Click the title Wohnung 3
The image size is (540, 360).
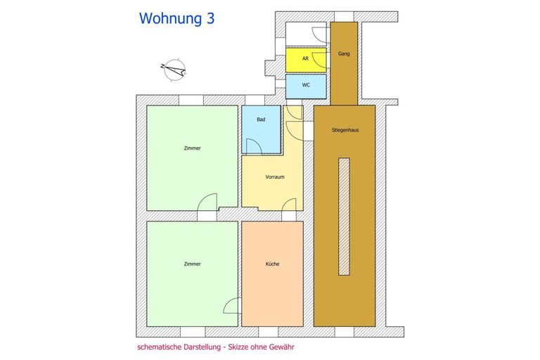(x=176, y=19)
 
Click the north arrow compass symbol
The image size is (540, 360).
(x=174, y=68)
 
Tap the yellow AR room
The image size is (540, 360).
(x=306, y=59)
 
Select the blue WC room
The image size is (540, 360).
(x=306, y=85)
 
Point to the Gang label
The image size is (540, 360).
(x=344, y=53)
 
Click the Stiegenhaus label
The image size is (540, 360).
(x=344, y=129)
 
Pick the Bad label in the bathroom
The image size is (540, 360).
(x=261, y=120)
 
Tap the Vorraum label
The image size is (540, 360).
(x=275, y=176)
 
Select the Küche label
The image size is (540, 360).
(x=272, y=264)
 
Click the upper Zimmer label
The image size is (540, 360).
(x=192, y=148)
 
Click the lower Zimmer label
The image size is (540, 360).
(x=192, y=264)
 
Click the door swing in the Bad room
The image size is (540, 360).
(x=254, y=146)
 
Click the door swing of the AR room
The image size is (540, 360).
(x=319, y=58)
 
